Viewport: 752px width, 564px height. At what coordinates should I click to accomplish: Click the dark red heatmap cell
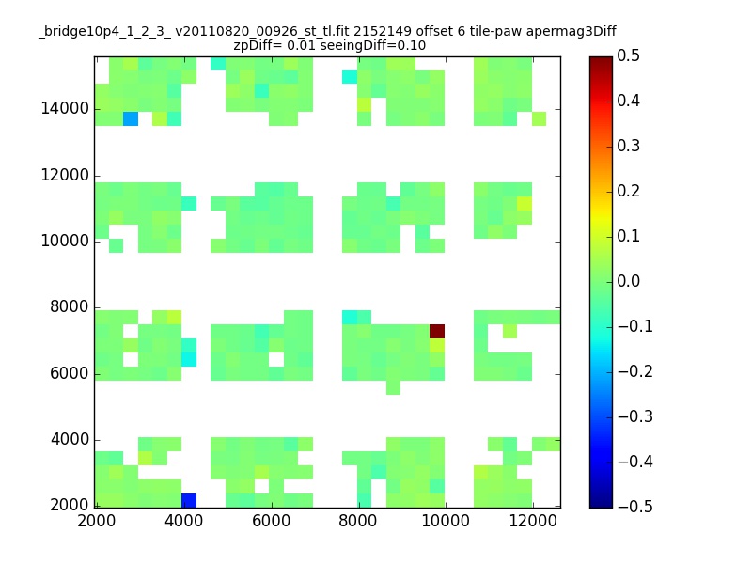[x=437, y=332]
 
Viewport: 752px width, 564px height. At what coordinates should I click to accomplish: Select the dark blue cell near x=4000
[x=189, y=500]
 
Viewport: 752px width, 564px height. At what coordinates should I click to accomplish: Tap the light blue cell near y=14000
[x=131, y=119]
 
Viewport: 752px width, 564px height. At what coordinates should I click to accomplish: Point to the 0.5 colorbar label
[x=628, y=55]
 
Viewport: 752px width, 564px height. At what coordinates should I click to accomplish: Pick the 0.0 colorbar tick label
[x=628, y=281]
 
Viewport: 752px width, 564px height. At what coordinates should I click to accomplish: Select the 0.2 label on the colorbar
[x=628, y=191]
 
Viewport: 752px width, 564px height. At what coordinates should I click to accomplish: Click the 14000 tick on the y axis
[x=65, y=108]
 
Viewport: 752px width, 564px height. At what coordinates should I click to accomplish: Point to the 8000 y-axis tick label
[x=70, y=306]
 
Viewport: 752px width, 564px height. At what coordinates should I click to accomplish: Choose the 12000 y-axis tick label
[x=65, y=175]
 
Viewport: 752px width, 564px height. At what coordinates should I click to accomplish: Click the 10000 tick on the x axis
[x=446, y=521]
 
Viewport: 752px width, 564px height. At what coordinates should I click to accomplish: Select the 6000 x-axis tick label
[x=272, y=521]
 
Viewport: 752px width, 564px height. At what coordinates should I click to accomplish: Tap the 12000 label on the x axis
[x=533, y=521]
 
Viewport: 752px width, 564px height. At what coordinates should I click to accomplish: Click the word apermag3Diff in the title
[x=572, y=32]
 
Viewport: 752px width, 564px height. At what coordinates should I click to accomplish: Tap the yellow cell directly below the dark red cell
[x=437, y=345]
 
